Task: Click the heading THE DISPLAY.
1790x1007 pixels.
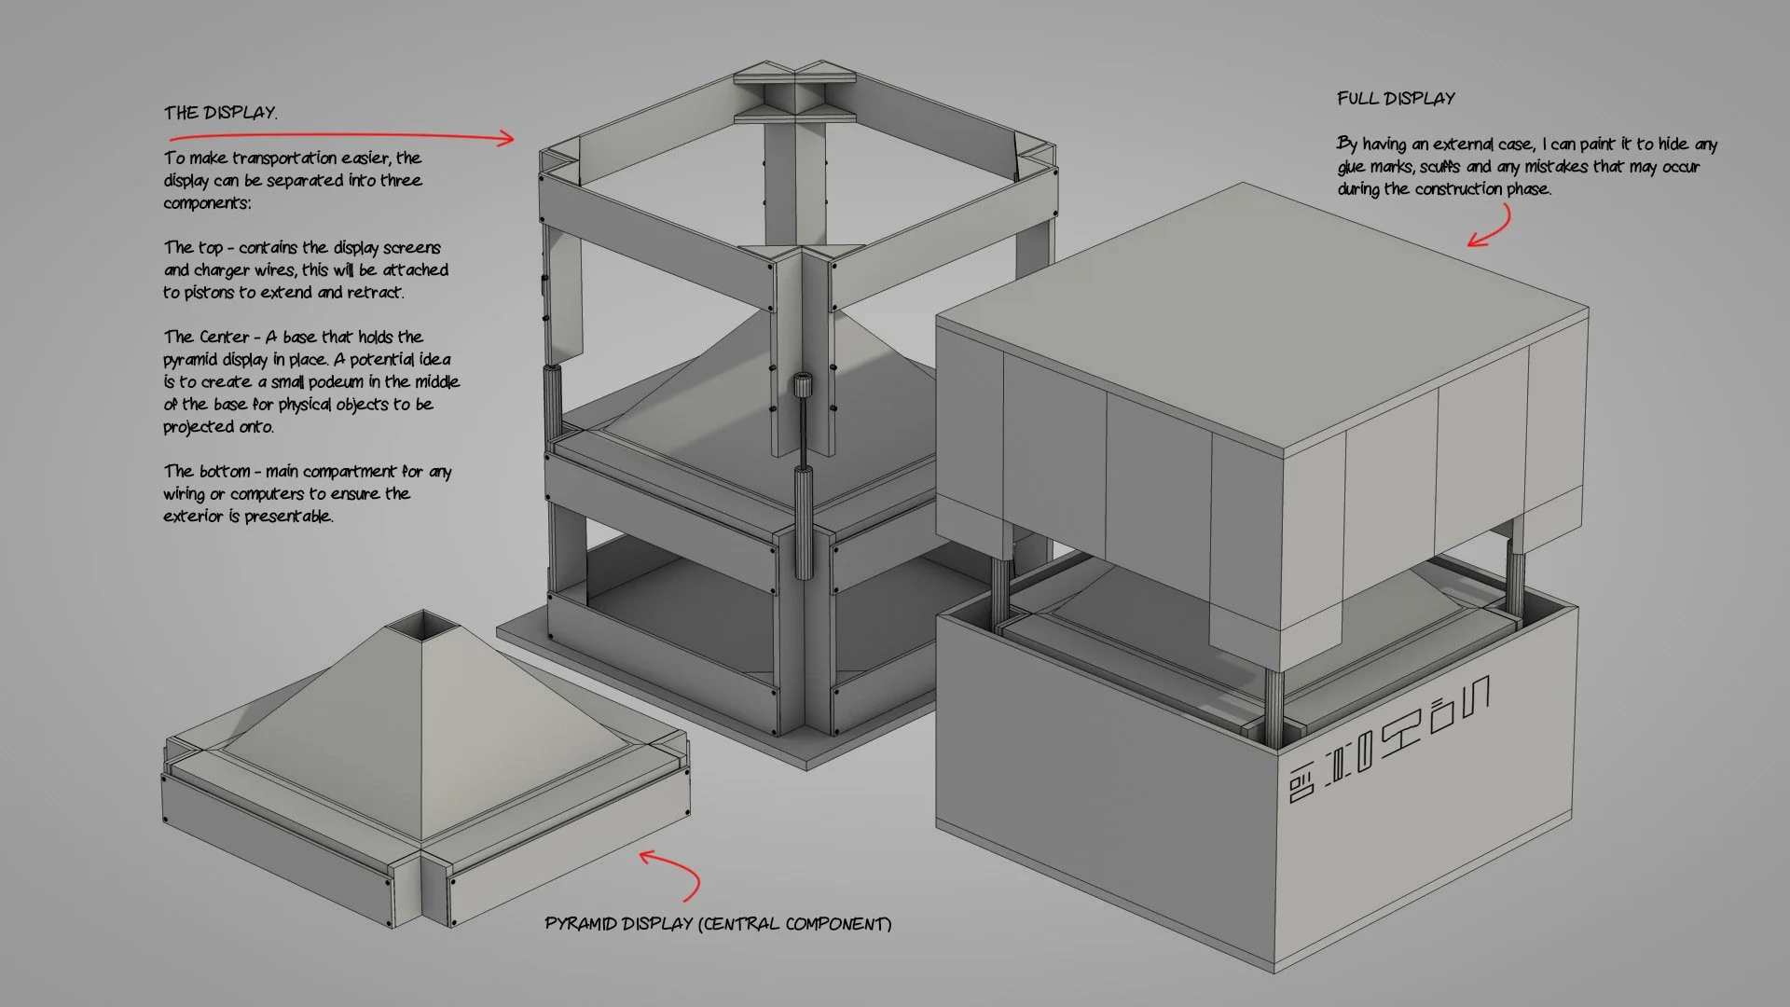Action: click(220, 113)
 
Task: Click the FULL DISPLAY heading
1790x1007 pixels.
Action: click(1396, 99)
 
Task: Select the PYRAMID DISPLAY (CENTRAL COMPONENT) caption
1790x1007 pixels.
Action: click(718, 924)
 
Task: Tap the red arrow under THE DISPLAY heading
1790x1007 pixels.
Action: click(373, 137)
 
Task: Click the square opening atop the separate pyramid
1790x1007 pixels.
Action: click(424, 624)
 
